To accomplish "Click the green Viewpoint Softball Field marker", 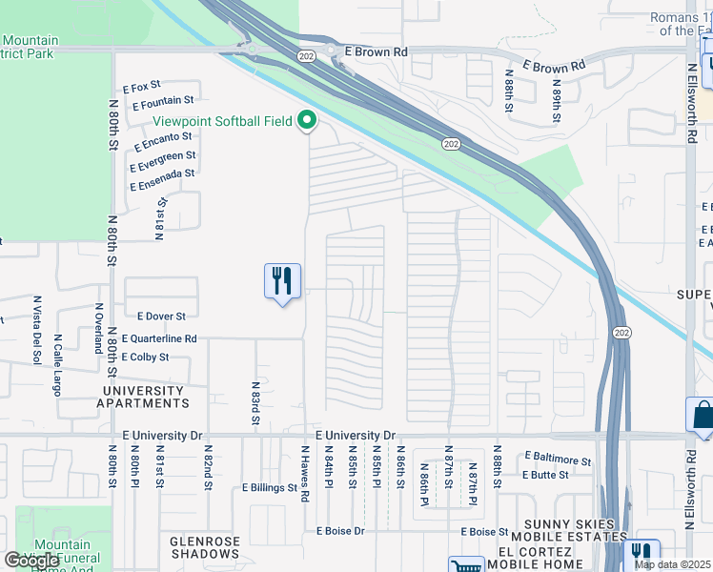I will pos(307,121).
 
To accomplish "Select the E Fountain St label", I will pos(163,99).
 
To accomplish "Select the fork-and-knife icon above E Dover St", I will pos(282,281).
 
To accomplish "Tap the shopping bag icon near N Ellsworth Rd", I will pos(703,416).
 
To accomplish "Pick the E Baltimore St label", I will pos(557,461).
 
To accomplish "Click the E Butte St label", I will pos(545,474).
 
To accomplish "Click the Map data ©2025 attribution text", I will pos(673,565).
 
